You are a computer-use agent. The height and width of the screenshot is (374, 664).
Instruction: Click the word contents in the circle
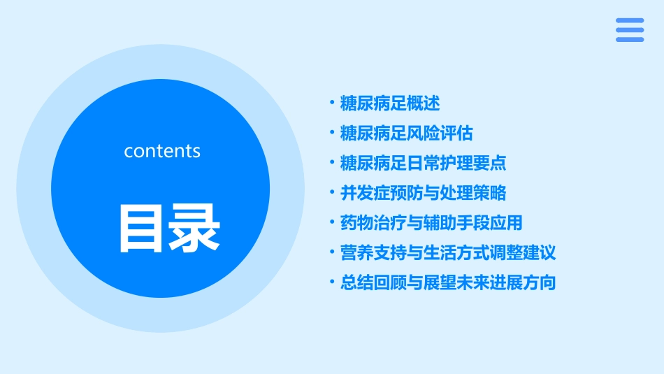click(162, 151)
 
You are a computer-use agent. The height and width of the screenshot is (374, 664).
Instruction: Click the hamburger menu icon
click(630, 30)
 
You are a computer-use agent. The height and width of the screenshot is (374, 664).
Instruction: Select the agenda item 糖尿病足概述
click(389, 103)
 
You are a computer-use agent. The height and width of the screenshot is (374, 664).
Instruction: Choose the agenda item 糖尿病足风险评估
click(406, 133)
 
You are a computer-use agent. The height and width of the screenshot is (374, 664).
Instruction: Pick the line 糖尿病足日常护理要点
click(423, 163)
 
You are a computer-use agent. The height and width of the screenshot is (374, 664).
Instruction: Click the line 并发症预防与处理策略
click(423, 192)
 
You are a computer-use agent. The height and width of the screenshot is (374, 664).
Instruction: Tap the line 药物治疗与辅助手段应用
click(431, 223)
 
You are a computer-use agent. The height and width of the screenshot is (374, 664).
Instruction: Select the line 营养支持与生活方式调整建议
click(448, 252)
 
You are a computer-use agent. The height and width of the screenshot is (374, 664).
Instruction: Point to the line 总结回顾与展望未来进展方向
click(448, 282)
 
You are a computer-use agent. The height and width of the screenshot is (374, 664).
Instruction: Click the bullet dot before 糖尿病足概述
click(332, 103)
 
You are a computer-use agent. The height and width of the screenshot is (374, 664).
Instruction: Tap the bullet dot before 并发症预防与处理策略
click(332, 192)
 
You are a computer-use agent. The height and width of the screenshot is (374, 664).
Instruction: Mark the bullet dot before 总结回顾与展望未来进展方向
click(332, 282)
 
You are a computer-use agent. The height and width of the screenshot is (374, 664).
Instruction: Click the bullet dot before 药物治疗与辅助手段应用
click(332, 223)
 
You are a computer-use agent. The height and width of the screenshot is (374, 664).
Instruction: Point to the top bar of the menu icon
click(630, 21)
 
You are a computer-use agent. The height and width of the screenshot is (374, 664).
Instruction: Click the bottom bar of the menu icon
click(630, 39)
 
